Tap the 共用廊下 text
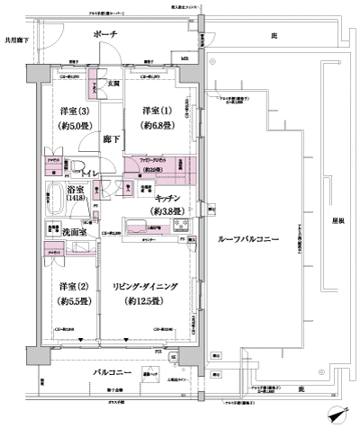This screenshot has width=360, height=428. click(17, 40)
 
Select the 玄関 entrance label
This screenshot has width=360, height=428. click(113, 84)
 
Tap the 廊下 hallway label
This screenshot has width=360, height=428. click(109, 141)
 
